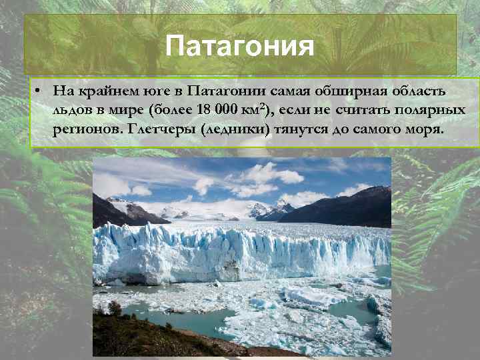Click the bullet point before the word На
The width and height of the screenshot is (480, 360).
40,90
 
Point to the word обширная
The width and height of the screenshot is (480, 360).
342,90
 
